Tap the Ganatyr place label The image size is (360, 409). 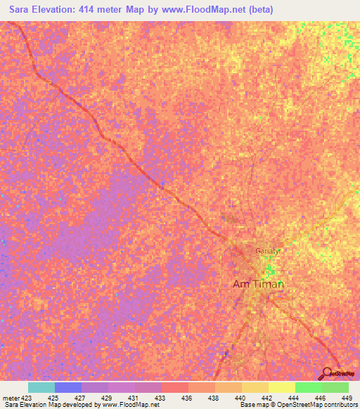pos(268,250)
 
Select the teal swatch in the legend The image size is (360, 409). pos(41,387)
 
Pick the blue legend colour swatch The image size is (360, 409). pos(68,387)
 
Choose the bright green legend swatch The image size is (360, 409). pos(309,387)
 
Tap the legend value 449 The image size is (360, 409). pos(345,397)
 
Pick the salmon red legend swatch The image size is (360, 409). pos(175,387)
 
